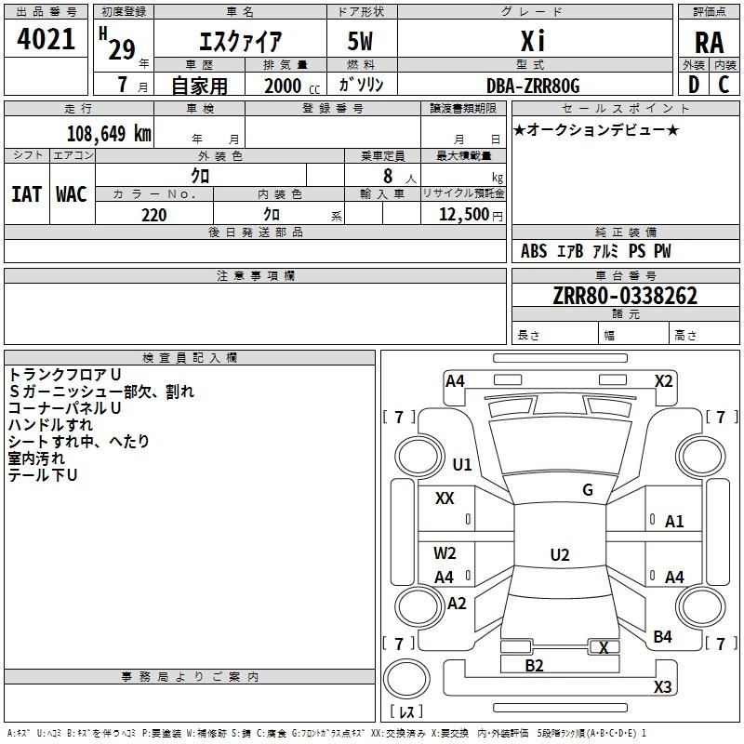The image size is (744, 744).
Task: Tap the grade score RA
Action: pos(709,42)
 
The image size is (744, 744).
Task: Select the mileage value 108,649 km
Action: pos(109,134)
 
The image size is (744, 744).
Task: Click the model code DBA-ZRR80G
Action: pos(533,86)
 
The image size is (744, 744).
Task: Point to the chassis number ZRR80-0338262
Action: pos(625,297)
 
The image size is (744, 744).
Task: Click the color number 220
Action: pos(153,215)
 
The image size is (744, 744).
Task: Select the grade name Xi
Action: pos(532,42)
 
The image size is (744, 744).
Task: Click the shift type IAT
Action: pos(26,194)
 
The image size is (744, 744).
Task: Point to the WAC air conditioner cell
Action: pos(72,194)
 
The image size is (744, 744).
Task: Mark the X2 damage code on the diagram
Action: pos(663,380)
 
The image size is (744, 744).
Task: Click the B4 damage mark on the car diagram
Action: pos(662,637)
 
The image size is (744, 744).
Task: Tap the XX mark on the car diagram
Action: pos(445,498)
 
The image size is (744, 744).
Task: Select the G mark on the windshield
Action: pos(588,489)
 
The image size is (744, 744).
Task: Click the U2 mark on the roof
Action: pos(559,555)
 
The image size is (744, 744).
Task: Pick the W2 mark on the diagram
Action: pos(445,552)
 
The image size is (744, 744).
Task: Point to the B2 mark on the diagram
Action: pos(534,665)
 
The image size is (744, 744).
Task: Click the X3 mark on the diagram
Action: pos(662,687)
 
